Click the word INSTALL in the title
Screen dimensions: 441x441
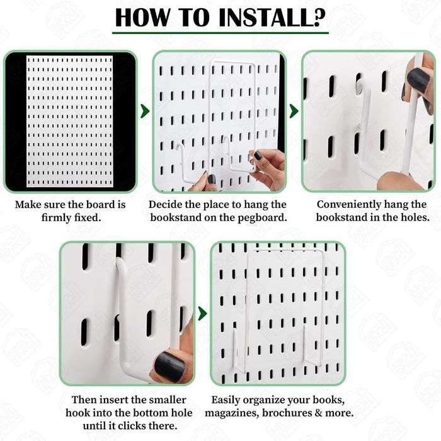coord(272,18)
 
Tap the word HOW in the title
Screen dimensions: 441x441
coord(142,18)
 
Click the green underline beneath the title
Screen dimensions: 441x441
coord(220,33)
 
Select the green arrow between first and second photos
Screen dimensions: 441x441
coord(145,111)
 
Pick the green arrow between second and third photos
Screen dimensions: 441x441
coord(294,111)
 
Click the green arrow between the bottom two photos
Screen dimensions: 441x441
coord(202,314)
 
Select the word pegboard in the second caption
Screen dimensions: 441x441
coord(262,218)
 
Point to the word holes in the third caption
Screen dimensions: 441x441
coord(416,217)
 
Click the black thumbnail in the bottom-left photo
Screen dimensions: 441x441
coord(169,367)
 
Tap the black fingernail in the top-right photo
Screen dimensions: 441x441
coord(418,81)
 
